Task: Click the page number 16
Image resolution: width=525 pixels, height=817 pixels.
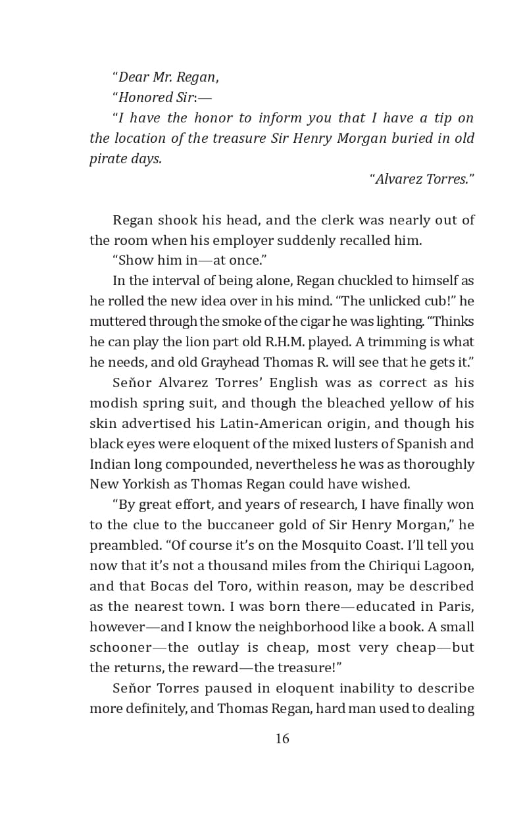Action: click(x=282, y=739)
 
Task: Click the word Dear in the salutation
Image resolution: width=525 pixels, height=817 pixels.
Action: click(x=134, y=77)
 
